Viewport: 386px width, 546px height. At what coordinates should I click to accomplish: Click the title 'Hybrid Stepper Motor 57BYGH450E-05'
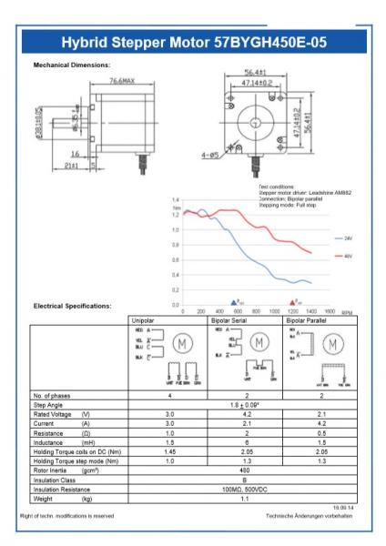coord(193,44)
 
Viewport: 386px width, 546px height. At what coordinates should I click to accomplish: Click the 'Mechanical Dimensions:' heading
coord(72,66)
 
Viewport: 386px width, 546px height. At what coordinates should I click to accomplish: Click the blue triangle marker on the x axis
coord(234,300)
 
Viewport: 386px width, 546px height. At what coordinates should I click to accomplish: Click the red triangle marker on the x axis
coord(292,300)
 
